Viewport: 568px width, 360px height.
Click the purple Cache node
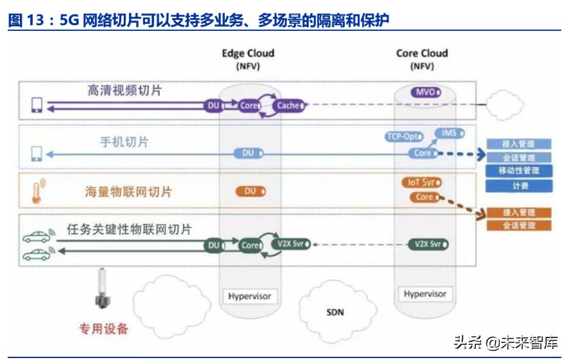pos(289,105)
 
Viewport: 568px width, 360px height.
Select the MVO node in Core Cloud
pos(426,92)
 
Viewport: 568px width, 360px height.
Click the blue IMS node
pos(449,133)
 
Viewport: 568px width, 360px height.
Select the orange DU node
pos(251,192)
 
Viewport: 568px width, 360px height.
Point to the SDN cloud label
pos(335,312)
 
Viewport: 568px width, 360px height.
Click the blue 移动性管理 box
pos(519,172)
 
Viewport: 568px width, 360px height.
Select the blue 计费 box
pos(519,186)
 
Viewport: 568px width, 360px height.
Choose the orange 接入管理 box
pos(519,212)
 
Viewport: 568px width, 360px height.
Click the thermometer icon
pos(37,191)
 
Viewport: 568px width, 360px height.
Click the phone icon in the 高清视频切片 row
pos(37,105)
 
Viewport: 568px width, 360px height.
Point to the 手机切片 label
pos(126,141)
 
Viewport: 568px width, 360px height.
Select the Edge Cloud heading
pos(248,54)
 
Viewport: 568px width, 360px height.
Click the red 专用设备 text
pos(104,328)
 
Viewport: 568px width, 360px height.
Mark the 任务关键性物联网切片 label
pos(129,229)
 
